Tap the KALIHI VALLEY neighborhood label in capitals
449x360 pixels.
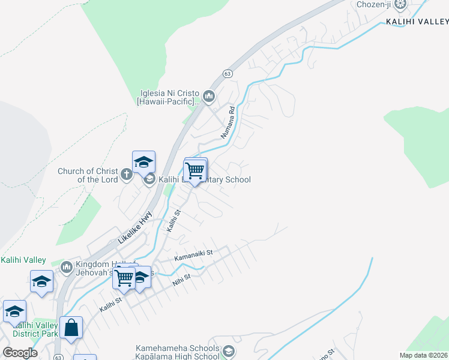point(417,21)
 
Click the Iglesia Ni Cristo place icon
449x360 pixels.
point(209,96)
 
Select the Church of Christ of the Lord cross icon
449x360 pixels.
point(126,175)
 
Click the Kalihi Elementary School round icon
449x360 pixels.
point(149,179)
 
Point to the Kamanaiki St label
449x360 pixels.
point(193,256)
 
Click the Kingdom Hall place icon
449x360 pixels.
point(66,266)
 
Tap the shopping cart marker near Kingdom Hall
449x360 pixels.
point(124,277)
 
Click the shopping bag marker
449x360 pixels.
point(71,328)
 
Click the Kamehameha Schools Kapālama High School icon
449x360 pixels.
point(228,351)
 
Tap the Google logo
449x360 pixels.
point(19,353)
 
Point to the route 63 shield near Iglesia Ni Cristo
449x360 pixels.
point(227,73)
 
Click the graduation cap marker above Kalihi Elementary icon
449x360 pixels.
point(143,162)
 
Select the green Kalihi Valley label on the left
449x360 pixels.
point(23,260)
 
